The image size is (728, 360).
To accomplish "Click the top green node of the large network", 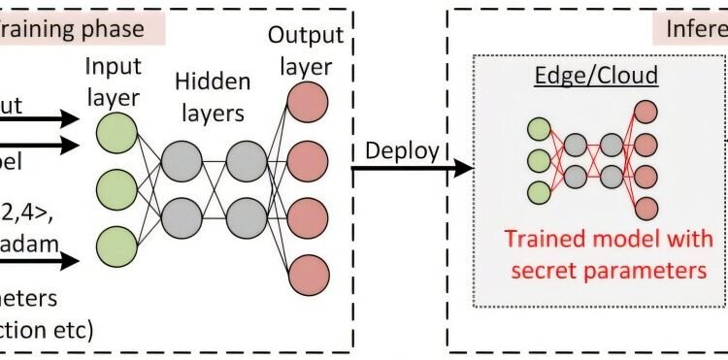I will coord(117,133).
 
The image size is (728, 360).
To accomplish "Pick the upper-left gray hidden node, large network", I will coord(181,159).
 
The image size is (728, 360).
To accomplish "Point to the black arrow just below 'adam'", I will coord(39,260).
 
